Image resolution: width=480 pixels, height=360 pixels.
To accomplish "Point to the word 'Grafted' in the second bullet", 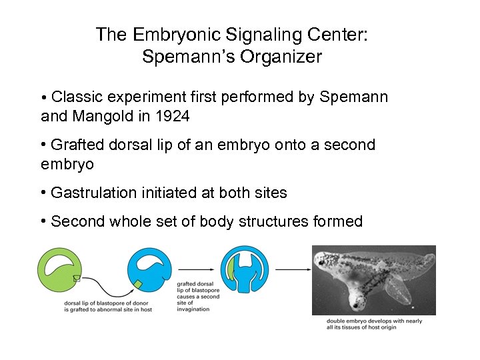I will (75, 145).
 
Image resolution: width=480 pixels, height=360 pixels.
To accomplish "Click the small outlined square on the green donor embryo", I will (77, 279).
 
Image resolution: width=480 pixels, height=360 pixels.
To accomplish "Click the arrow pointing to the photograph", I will (292, 269).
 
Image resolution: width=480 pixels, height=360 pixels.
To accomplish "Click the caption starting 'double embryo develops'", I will (374, 325).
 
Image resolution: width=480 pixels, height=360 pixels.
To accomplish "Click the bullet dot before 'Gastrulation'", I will (43, 193).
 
